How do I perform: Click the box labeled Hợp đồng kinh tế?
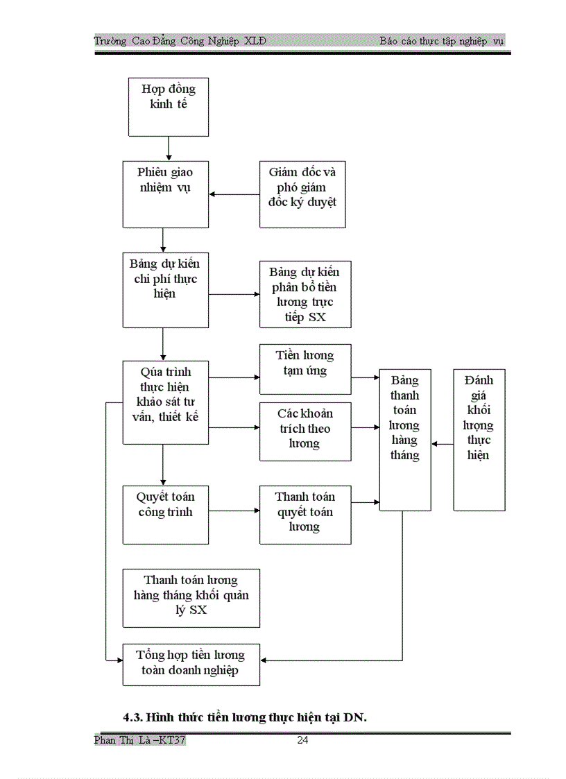click(169, 106)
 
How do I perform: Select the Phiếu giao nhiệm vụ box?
click(165, 194)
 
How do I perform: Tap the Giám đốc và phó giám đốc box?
click(302, 194)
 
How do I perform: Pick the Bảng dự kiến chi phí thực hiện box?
click(165, 290)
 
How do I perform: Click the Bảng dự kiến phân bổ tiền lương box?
click(305, 294)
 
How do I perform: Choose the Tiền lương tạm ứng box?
click(305, 369)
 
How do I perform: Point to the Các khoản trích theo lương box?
click(305, 431)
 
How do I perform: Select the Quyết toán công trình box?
click(165, 514)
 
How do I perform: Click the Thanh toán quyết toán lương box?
click(305, 514)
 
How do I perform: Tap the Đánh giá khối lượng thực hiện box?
click(479, 440)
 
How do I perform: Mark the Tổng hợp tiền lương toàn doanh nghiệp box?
click(191, 664)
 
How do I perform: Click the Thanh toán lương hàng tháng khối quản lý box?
click(191, 597)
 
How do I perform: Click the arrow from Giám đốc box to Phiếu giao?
click(234, 194)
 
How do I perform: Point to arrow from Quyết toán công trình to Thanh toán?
click(234, 511)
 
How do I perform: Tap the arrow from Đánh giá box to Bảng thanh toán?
click(443, 443)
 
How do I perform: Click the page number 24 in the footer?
click(302, 740)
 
